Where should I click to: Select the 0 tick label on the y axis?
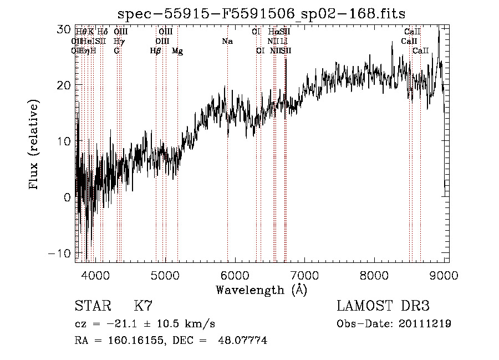pos(67,197)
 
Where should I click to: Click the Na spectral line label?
pos(227,42)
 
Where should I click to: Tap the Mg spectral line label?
pos(177,51)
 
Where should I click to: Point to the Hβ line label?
pos(156,51)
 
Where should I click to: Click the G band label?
pos(116,51)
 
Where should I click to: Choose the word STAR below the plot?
pos(92,306)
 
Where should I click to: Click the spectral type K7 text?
pos(143,306)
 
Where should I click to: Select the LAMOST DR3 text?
pos(383,306)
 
